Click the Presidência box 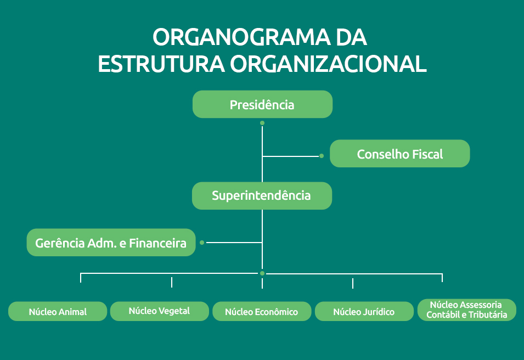click(x=262, y=104)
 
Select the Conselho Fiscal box click(x=399, y=154)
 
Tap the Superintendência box click(x=262, y=196)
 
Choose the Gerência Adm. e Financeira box click(x=111, y=243)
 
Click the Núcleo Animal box click(x=58, y=311)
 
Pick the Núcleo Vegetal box click(x=160, y=311)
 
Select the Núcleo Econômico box click(x=262, y=311)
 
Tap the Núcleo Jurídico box click(x=364, y=311)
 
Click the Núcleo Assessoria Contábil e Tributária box click(x=467, y=310)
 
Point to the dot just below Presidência click(x=262, y=123)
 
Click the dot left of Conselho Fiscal click(x=322, y=156)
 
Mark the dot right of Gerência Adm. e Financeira click(x=202, y=243)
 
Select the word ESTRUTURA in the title click(x=161, y=64)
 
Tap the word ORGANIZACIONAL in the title click(x=328, y=64)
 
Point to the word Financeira click(x=157, y=243)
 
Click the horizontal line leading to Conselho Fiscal click(x=291, y=156)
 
